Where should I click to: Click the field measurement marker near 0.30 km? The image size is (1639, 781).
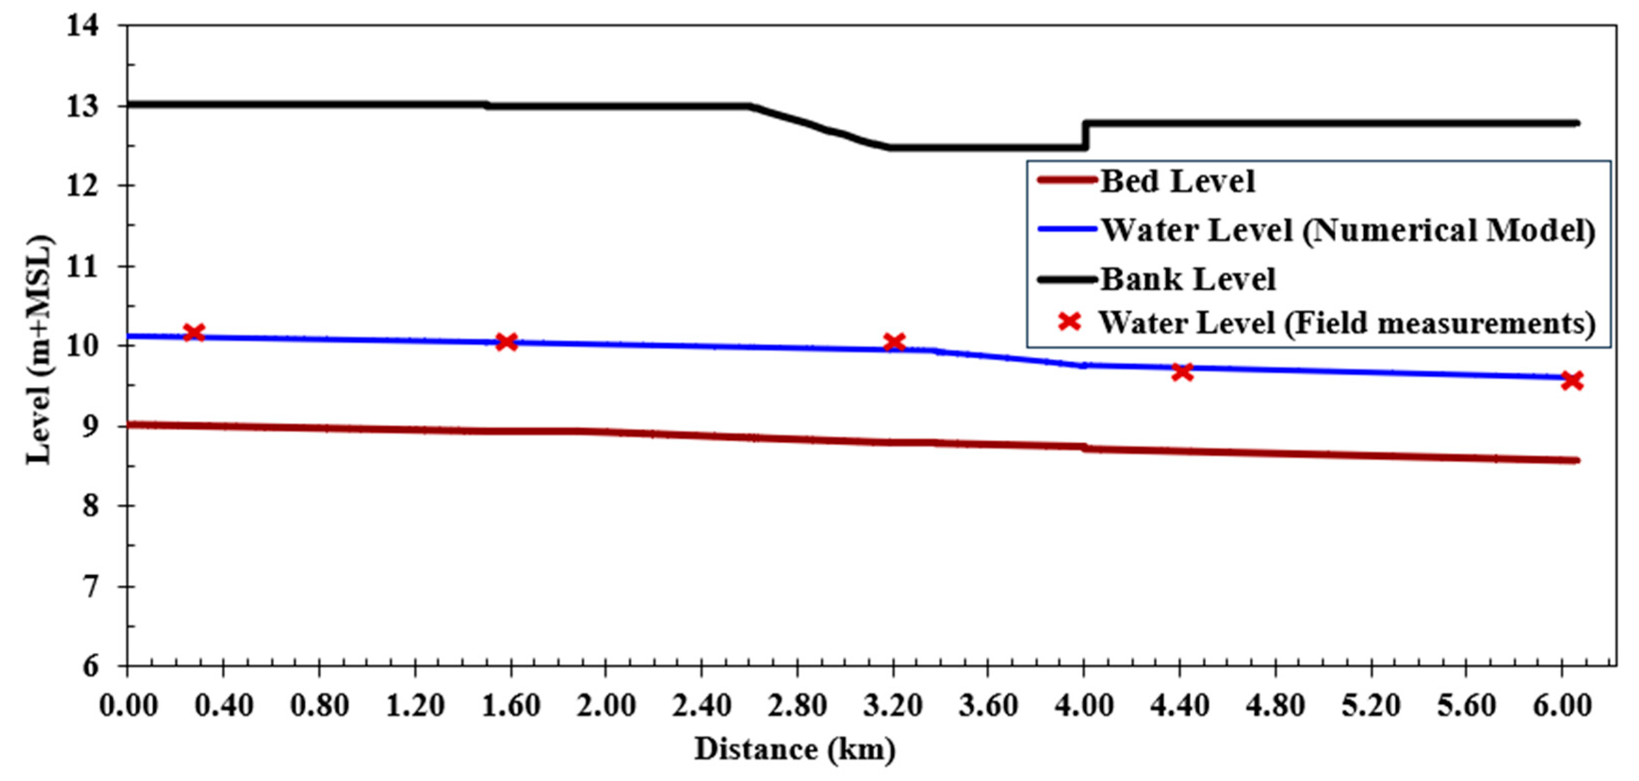tap(193, 332)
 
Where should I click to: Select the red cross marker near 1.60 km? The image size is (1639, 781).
tap(506, 342)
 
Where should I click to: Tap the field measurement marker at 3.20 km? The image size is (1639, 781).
tap(894, 342)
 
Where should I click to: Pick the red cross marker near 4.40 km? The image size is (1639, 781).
tap(1182, 372)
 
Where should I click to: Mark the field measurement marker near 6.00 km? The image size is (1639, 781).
tap(1572, 381)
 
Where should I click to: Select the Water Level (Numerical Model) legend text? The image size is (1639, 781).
tap(1347, 230)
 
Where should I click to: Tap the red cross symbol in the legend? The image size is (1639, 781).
tap(1070, 322)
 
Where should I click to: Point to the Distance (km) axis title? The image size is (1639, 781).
tap(795, 749)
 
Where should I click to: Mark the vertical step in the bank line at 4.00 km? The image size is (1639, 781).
tap(1085, 135)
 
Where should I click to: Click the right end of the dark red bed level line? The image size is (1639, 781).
tap(1576, 460)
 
